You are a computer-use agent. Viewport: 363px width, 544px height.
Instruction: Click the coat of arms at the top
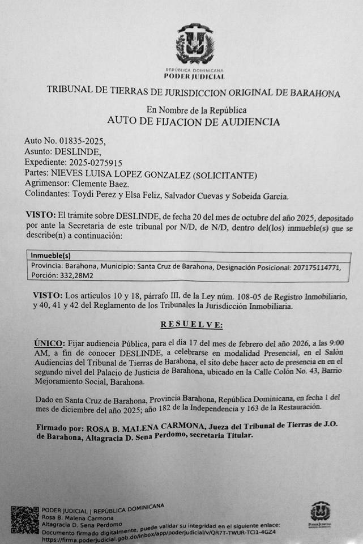coord(194,44)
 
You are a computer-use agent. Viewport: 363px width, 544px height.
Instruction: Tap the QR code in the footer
coord(25,520)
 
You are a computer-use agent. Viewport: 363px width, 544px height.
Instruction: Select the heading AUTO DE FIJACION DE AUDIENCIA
coord(193,122)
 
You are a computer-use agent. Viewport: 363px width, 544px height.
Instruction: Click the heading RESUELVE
coord(192,325)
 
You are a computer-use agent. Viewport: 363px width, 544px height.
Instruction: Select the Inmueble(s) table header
coord(51,256)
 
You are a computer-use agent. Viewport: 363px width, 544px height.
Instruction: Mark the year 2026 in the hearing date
coord(302,343)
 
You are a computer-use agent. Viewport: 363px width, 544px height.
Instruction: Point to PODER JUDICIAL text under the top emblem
coord(194,76)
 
